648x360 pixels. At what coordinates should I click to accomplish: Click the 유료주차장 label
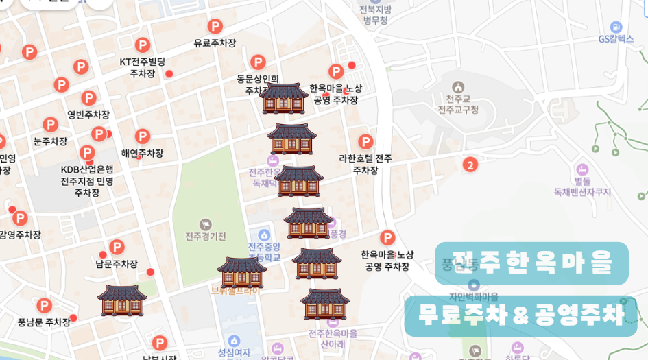click(x=215, y=43)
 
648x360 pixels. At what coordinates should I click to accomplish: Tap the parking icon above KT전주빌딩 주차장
click(x=143, y=45)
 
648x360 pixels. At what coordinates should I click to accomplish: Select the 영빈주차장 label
click(x=88, y=115)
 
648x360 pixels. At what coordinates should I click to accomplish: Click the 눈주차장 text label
click(x=50, y=141)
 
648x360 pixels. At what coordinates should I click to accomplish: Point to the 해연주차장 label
click(x=143, y=153)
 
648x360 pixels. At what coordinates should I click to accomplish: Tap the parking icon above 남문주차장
click(x=117, y=247)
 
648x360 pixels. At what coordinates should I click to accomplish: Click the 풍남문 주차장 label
click(x=44, y=322)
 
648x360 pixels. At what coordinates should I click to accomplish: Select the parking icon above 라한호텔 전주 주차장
click(x=365, y=142)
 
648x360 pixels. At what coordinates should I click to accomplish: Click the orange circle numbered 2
click(x=470, y=165)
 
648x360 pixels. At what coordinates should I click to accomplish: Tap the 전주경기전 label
click(x=205, y=237)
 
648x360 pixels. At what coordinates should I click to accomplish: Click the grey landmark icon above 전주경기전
click(x=205, y=224)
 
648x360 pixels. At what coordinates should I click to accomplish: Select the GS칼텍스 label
click(x=616, y=39)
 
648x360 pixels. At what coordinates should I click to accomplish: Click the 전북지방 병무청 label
click(x=375, y=15)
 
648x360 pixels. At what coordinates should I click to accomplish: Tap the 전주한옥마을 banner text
click(x=531, y=263)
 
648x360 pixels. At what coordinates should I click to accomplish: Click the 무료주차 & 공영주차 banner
click(x=521, y=315)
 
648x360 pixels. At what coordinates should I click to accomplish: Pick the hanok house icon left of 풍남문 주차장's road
click(x=122, y=300)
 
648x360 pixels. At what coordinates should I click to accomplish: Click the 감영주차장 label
click(x=20, y=235)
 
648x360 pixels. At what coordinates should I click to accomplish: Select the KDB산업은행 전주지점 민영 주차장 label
click(x=87, y=181)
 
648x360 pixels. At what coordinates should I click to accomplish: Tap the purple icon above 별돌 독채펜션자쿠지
click(x=582, y=169)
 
